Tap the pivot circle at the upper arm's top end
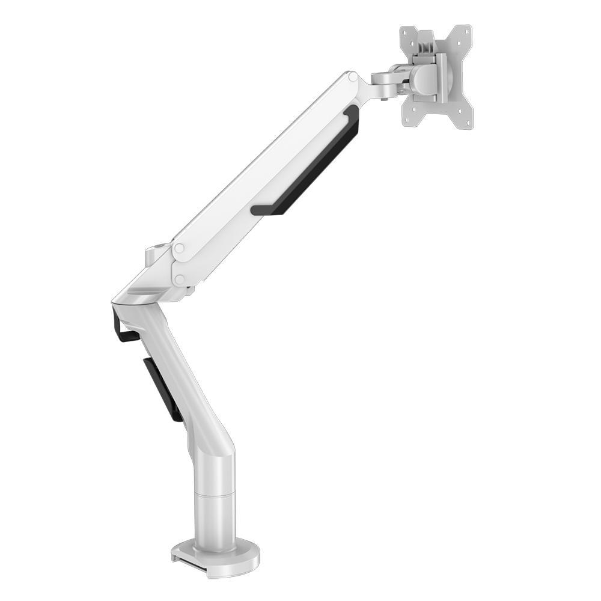click(x=353, y=78)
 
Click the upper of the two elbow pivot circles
click(x=179, y=248)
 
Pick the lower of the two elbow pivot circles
click(x=178, y=279)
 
